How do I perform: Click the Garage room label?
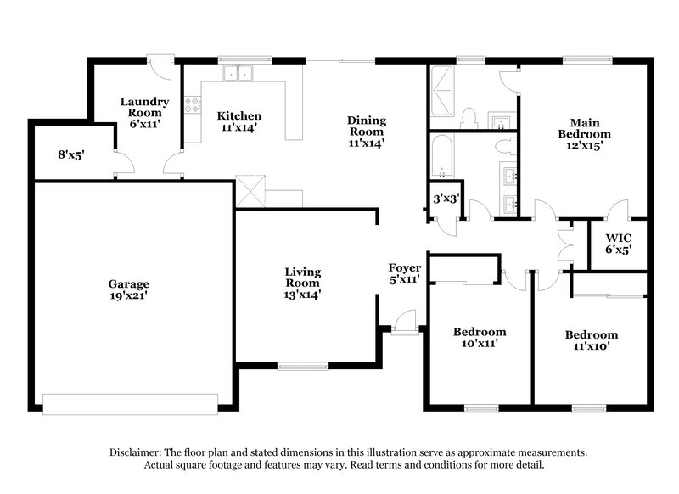tap(128, 284)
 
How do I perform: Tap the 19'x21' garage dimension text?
tap(128, 296)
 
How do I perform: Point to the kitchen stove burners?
tap(193, 105)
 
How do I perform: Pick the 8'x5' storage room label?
tap(71, 154)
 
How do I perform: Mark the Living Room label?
tap(302, 278)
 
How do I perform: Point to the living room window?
tap(302, 366)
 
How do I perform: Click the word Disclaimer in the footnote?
tap(137, 452)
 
